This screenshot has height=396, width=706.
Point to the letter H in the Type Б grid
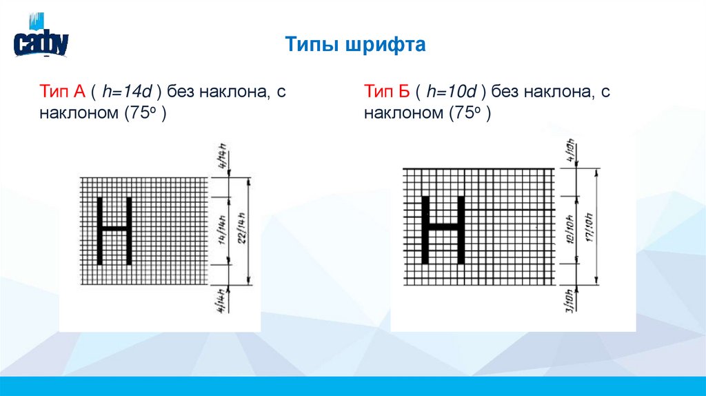click(443, 228)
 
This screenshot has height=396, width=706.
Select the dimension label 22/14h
click(243, 230)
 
